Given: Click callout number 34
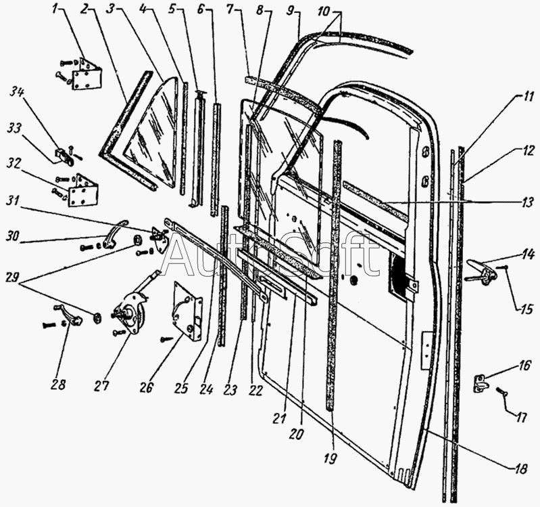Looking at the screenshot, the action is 16,103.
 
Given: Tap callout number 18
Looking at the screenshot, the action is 520,468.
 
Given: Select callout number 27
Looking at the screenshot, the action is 102,385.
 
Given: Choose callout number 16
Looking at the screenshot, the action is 524,366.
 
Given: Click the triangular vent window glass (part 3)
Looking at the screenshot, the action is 151,135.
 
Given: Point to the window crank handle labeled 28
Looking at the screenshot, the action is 69,315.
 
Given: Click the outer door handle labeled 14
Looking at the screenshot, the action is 481,273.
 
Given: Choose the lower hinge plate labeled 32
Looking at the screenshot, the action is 83,190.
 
